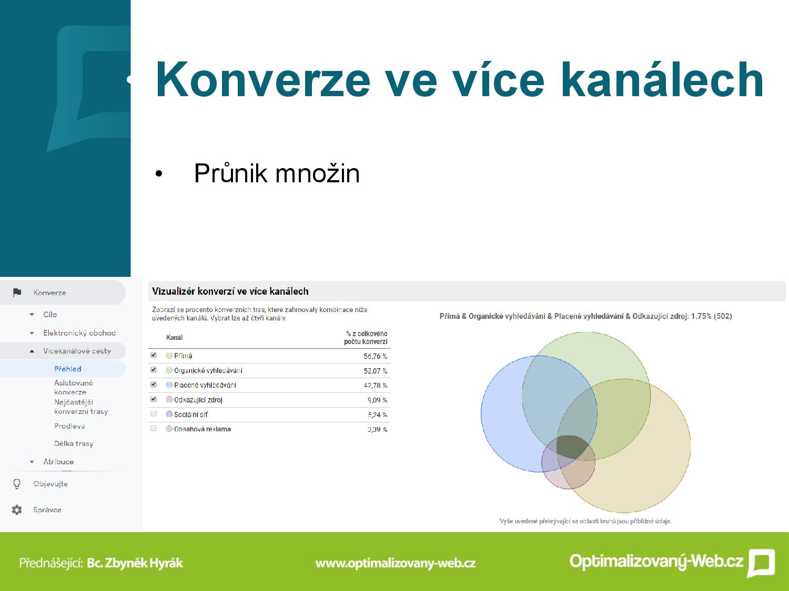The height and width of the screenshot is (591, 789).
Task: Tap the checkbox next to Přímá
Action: [x=154, y=355]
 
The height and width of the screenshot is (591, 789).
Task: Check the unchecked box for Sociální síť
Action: [x=154, y=414]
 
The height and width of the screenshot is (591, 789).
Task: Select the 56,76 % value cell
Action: [x=375, y=356]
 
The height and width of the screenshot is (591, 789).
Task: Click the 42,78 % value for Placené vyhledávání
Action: [x=375, y=386]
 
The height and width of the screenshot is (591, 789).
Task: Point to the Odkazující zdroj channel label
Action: [x=198, y=400]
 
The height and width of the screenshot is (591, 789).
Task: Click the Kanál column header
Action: [x=174, y=337]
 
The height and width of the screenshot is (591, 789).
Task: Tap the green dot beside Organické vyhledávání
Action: [x=169, y=370]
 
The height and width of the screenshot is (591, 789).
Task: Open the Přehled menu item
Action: [x=67, y=369]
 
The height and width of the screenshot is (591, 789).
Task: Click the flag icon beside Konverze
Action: [x=17, y=293]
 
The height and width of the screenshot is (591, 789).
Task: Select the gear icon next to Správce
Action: [x=16, y=510]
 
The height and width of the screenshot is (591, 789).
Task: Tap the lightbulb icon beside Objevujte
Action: [x=16, y=484]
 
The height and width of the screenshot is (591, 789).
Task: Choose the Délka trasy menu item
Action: [x=74, y=444]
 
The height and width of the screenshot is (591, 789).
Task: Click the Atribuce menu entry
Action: [x=58, y=462]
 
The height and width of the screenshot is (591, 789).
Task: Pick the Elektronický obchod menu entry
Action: [x=79, y=333]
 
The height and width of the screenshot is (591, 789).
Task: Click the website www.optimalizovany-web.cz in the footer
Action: [x=396, y=563]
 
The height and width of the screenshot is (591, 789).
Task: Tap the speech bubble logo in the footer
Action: [x=761, y=563]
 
